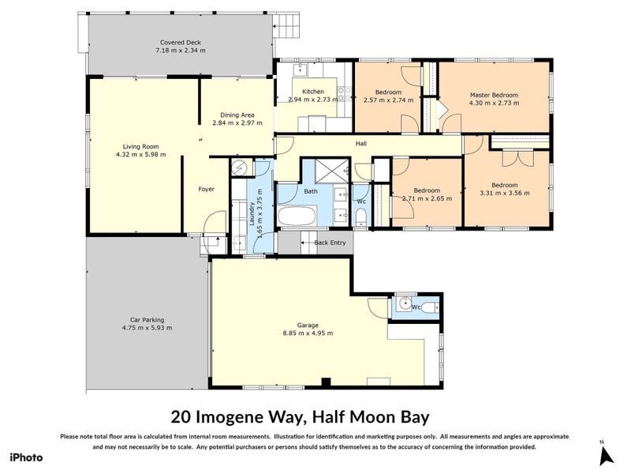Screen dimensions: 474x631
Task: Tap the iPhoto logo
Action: tap(26, 457)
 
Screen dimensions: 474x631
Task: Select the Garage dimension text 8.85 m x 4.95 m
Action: tap(308, 333)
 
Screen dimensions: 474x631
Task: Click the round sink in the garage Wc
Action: tap(404, 302)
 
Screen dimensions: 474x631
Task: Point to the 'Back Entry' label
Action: tap(330, 243)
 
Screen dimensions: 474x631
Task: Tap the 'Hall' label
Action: tap(361, 143)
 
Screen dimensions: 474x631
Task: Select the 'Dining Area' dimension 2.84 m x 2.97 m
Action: tap(237, 122)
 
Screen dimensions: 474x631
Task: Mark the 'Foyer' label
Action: tap(206, 189)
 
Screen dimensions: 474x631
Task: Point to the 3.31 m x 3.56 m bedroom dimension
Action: tap(505, 192)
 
